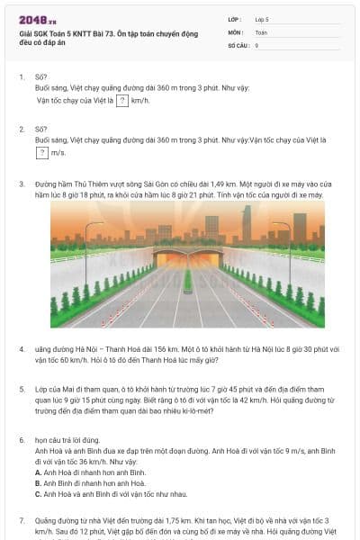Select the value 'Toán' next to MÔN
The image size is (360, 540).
260,31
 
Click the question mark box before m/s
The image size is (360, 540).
42,153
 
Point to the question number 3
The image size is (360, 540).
22,184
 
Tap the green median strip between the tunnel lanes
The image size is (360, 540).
188,281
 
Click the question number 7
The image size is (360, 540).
22,520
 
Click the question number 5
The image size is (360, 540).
22,391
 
